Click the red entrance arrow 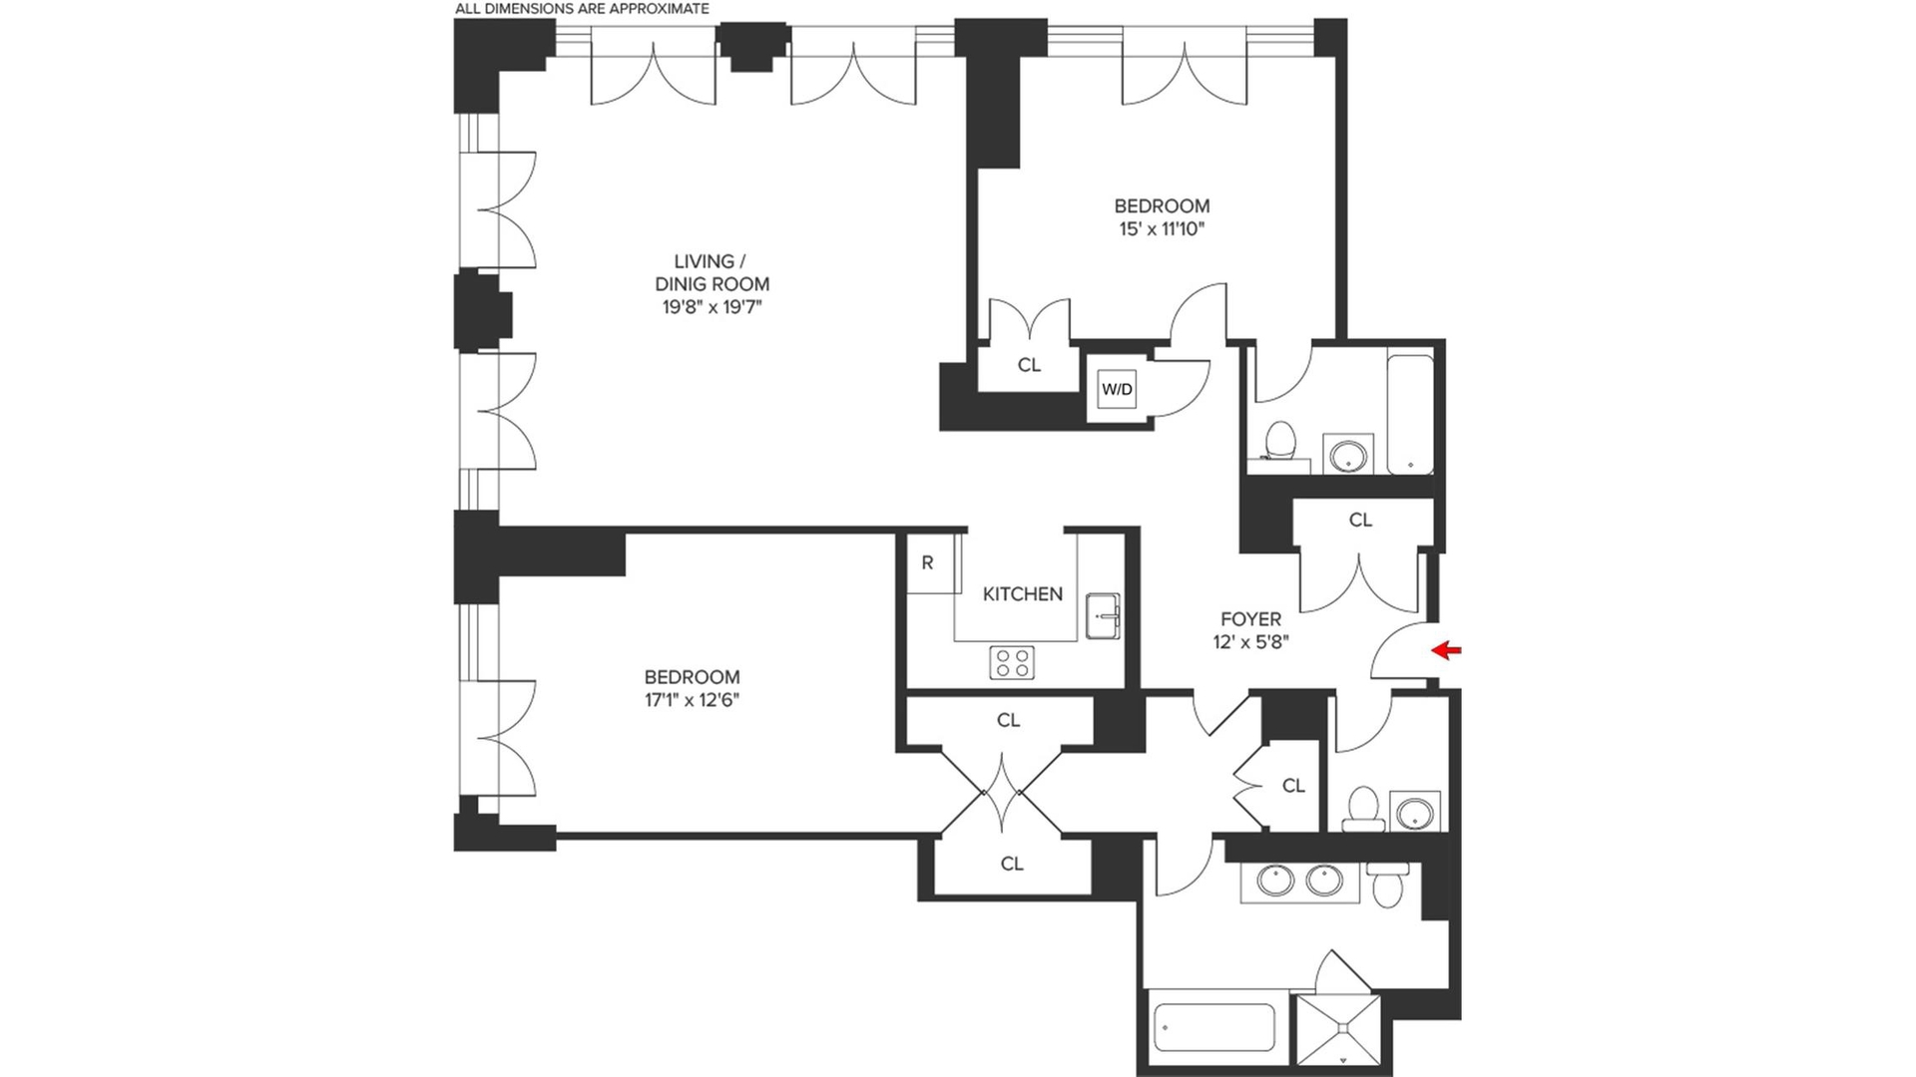[x=1447, y=651]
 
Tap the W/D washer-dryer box [x=1117, y=389]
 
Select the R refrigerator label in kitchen [x=927, y=563]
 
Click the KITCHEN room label [x=1022, y=594]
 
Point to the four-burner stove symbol [x=1011, y=662]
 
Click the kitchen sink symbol [x=1102, y=615]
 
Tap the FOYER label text [x=1250, y=619]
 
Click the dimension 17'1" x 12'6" [x=692, y=700]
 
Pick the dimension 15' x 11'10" [x=1162, y=229]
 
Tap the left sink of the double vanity [x=1274, y=881]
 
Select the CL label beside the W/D [x=1029, y=366]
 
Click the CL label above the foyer [x=1360, y=521]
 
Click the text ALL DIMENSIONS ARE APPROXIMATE [x=582, y=9]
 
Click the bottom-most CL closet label [x=1012, y=865]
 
